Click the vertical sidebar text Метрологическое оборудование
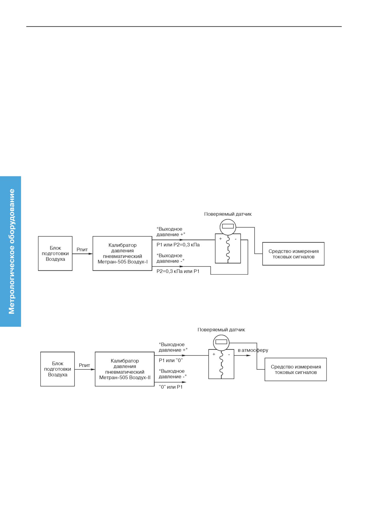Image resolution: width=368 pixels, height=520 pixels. [12, 251]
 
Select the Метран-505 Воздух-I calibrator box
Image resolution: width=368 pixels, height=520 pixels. [123, 253]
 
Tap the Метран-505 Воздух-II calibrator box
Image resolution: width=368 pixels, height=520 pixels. [125, 369]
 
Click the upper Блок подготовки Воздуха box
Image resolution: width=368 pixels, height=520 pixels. [55, 253]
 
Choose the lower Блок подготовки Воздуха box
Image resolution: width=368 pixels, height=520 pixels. [58, 369]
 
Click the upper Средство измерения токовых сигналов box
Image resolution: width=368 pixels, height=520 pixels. [293, 254]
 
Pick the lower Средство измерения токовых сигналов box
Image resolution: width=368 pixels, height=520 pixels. [296, 369]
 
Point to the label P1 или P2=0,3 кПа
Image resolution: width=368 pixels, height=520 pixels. [178, 245]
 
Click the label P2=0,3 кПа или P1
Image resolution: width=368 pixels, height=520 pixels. [178, 271]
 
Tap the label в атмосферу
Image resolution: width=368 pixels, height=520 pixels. [253, 350]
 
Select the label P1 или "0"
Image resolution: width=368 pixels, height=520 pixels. [171, 361]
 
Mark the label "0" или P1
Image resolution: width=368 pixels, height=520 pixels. [171, 387]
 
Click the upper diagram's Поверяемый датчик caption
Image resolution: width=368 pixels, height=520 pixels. [228, 214]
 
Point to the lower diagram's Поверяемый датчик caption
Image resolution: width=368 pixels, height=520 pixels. [221, 330]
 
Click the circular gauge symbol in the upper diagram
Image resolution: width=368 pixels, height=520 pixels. [228, 227]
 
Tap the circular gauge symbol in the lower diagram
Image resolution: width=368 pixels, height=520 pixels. [221, 343]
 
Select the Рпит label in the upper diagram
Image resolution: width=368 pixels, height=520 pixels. [82, 250]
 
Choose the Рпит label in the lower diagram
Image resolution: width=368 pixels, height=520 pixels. [85, 365]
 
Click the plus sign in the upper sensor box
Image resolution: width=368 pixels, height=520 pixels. [221, 239]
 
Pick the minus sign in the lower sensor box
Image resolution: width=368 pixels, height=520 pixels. [229, 355]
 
